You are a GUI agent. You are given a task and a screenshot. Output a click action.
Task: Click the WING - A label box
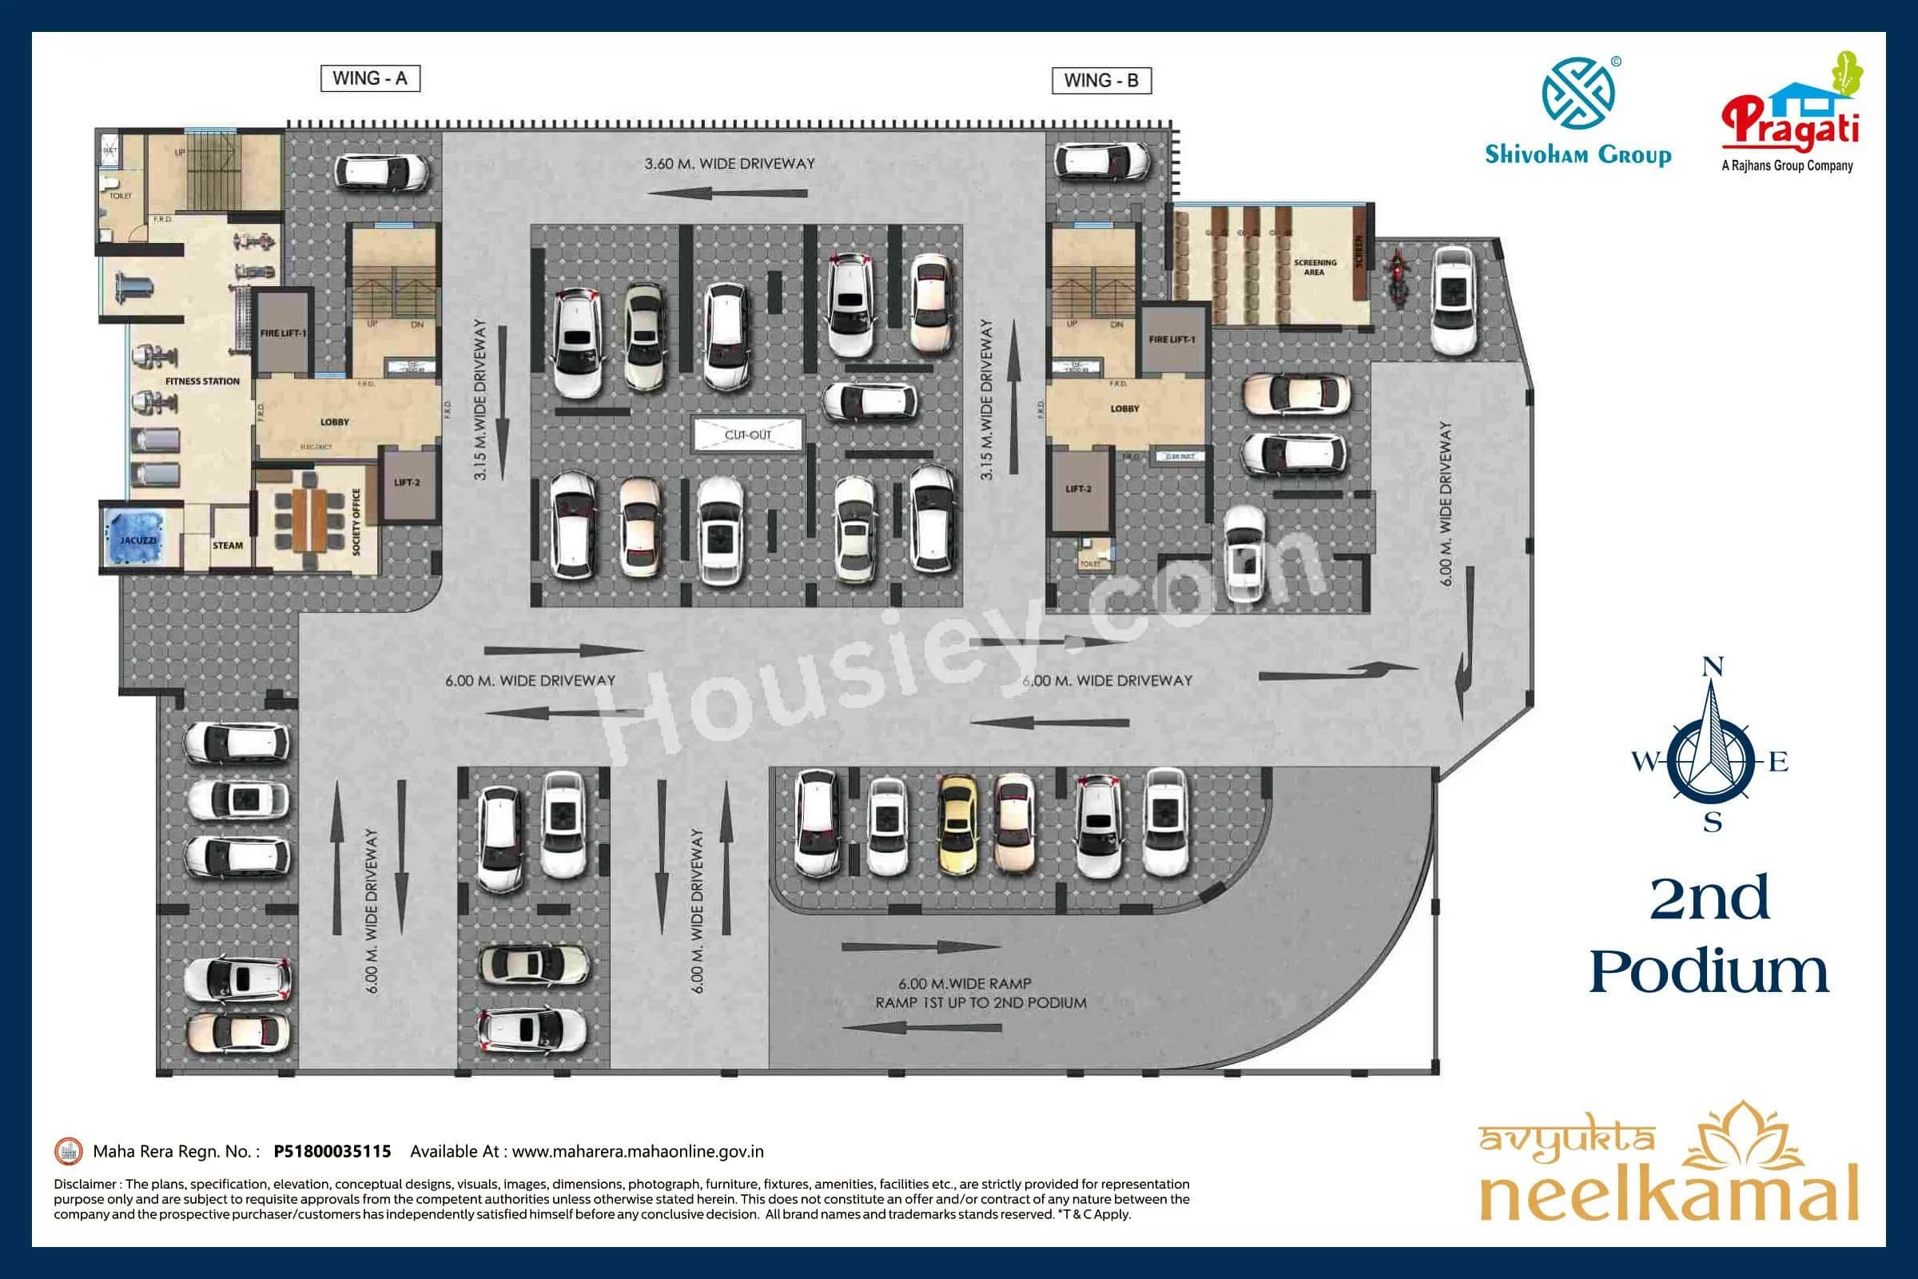tap(369, 78)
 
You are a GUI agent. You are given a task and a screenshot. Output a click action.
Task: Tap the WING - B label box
tap(1101, 81)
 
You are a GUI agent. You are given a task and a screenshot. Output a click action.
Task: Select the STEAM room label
tap(228, 546)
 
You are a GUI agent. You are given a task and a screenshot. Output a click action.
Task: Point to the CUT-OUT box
tap(748, 435)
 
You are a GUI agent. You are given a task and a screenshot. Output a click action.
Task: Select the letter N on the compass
tap(1713, 667)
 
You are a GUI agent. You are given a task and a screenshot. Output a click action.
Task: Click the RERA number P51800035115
tap(332, 1151)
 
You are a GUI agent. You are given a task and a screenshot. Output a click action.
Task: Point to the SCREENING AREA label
tap(1315, 268)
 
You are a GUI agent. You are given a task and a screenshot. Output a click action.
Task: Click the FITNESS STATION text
tap(202, 381)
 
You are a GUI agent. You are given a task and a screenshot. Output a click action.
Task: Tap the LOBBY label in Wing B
tap(1124, 408)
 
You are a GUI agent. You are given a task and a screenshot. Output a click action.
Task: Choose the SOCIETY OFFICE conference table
tap(312, 519)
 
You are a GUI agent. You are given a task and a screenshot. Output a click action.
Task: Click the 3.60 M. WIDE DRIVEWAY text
tap(729, 164)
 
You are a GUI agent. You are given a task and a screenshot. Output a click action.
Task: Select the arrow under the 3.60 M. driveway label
tap(727, 194)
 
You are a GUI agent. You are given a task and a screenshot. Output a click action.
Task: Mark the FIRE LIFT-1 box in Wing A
tap(282, 333)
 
